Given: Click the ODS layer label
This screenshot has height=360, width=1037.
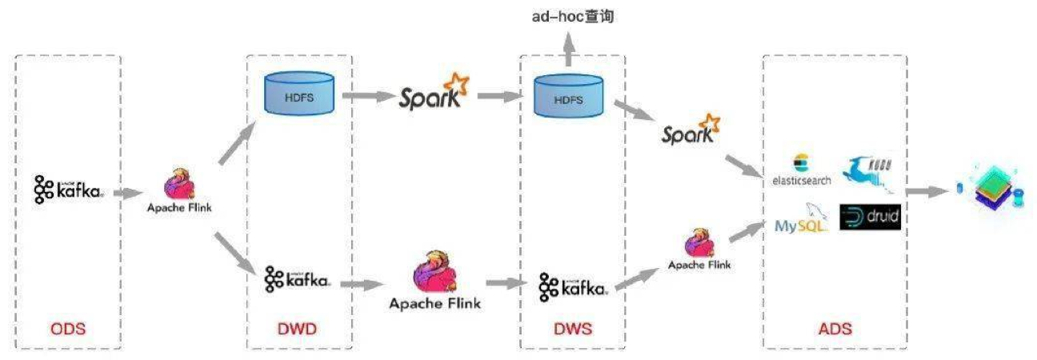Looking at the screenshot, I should [67, 329].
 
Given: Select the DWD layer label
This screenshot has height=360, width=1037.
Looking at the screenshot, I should [298, 329].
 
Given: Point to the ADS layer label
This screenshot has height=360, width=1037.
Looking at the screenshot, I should [835, 329].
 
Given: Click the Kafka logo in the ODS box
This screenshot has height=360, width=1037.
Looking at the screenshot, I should [68, 190].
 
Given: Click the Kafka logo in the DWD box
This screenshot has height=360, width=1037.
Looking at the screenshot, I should [298, 279].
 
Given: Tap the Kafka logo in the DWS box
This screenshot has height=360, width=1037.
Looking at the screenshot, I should [571, 286].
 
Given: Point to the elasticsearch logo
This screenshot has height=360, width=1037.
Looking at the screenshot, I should [801, 170].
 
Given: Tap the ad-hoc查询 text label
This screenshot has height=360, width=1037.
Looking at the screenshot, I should [573, 15].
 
